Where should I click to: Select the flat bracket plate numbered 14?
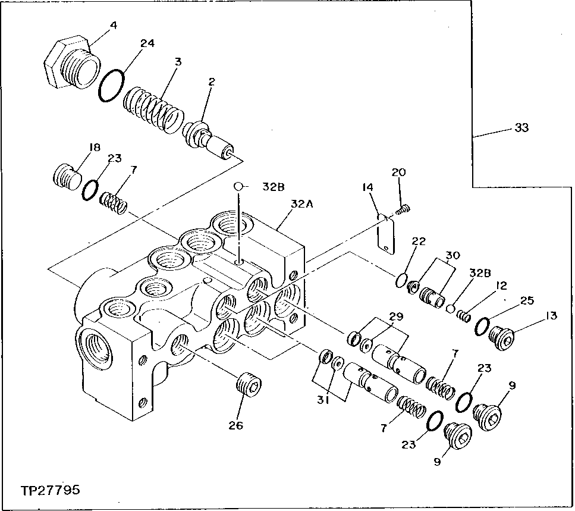coord(386,236)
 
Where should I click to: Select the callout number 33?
coord(521,127)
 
